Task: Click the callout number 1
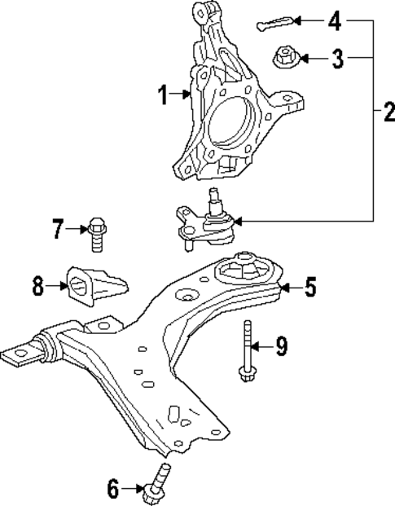pos(164,97)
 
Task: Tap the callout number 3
pos(336,58)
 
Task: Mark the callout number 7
pos(57,229)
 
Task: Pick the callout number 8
pos(38,286)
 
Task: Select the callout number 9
pos(280,346)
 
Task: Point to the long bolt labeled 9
pos(245,350)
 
